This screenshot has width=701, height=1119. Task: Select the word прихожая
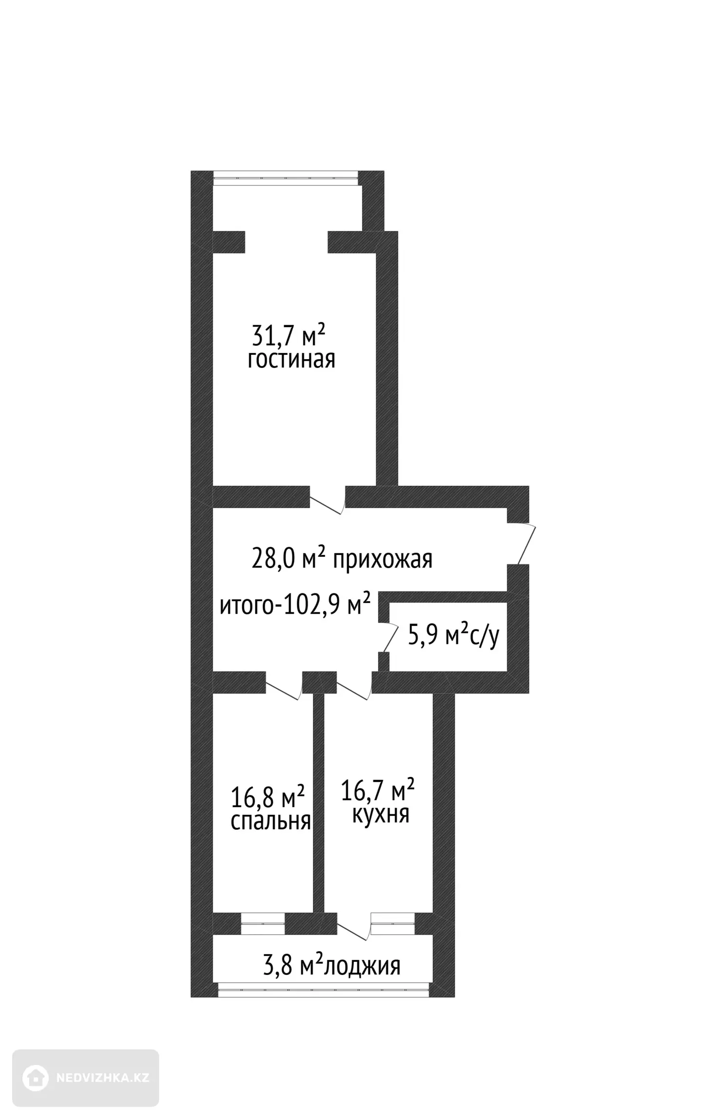tap(383, 560)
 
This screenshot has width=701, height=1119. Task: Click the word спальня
tap(271, 821)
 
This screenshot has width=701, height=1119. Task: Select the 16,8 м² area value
tap(267, 797)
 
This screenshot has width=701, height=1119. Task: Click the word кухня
tap(380, 814)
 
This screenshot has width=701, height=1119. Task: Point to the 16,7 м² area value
tap(378, 789)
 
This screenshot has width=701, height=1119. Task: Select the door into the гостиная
tap(327, 505)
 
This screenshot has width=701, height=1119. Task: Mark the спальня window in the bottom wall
tap(263, 923)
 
